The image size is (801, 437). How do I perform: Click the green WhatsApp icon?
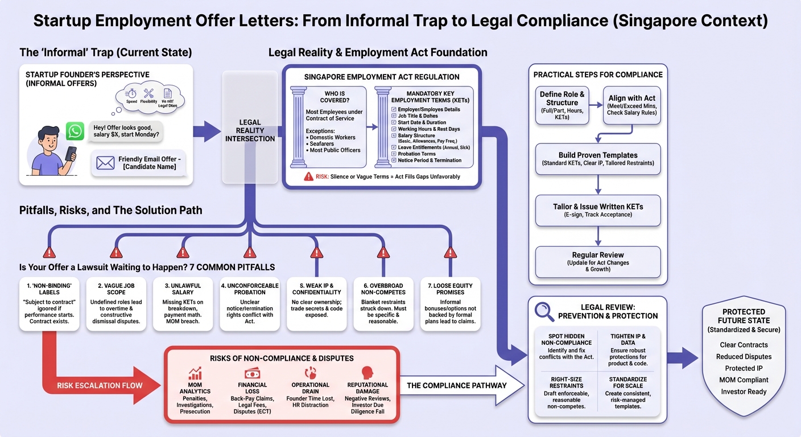point(75,131)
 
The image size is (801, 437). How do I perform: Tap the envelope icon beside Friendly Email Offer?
point(105,163)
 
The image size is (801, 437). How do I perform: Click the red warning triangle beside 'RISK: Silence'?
point(308,176)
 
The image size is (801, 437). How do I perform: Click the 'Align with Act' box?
point(632,106)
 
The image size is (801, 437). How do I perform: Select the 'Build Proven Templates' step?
point(598,159)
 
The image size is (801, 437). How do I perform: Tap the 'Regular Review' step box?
point(598,262)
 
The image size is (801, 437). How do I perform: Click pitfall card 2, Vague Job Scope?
point(116,305)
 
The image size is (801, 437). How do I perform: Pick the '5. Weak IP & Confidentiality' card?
point(316,305)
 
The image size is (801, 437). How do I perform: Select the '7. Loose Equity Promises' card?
point(450,305)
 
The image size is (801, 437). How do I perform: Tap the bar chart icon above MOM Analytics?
point(195,374)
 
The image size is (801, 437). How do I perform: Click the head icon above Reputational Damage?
point(367,373)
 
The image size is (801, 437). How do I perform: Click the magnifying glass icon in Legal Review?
point(544,311)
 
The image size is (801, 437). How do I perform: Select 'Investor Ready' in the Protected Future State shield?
point(744,391)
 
